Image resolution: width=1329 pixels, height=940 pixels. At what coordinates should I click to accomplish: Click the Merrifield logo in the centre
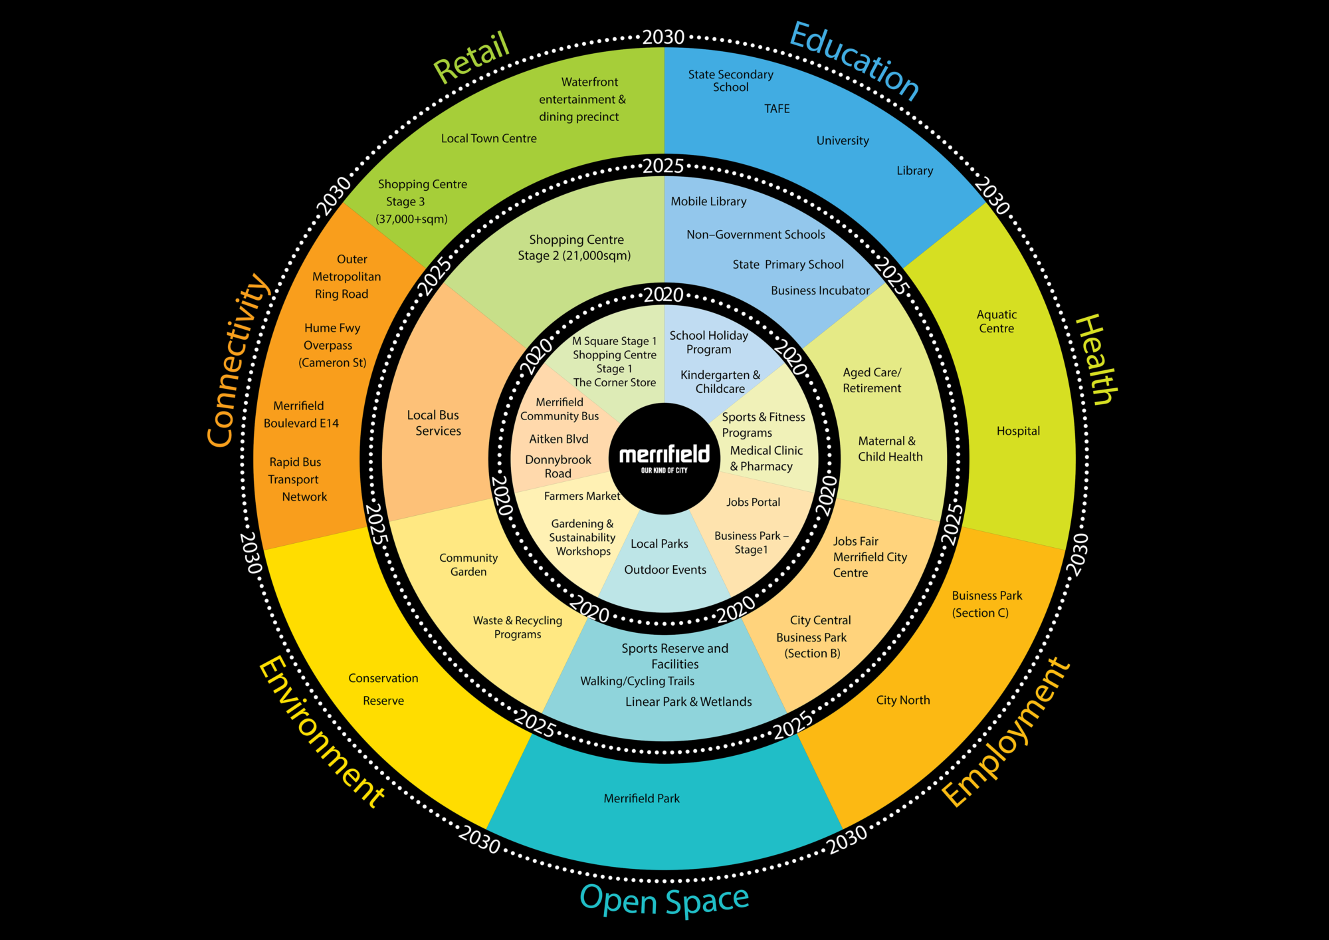664,458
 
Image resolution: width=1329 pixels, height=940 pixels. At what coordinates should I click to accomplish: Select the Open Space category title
664,900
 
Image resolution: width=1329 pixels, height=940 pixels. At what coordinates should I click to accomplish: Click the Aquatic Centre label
996,321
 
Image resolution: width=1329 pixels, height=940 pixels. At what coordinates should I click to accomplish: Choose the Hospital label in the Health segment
1018,431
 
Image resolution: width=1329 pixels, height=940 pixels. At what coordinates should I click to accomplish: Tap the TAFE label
777,108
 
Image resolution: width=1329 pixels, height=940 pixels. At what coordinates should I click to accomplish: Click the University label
843,140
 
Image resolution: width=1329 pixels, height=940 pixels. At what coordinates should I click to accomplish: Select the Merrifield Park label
641,798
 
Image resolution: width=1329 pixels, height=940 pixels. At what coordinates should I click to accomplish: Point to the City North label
902,700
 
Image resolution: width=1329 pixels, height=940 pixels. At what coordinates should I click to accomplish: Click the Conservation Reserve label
383,689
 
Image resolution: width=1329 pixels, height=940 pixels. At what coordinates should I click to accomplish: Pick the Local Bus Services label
435,423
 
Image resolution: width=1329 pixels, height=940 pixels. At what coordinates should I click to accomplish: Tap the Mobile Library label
708,201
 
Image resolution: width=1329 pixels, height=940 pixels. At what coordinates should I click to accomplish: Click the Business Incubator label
820,291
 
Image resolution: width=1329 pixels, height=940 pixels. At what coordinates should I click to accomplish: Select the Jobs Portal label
753,502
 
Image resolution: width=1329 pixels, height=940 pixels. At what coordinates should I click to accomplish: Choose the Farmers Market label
581,496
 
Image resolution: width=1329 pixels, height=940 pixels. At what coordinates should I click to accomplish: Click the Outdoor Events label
665,570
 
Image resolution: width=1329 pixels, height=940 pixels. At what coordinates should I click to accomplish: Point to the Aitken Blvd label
558,439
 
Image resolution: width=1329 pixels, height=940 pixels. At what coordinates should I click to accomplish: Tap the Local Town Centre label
488,138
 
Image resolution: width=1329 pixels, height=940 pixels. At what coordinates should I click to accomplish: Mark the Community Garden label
468,564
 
